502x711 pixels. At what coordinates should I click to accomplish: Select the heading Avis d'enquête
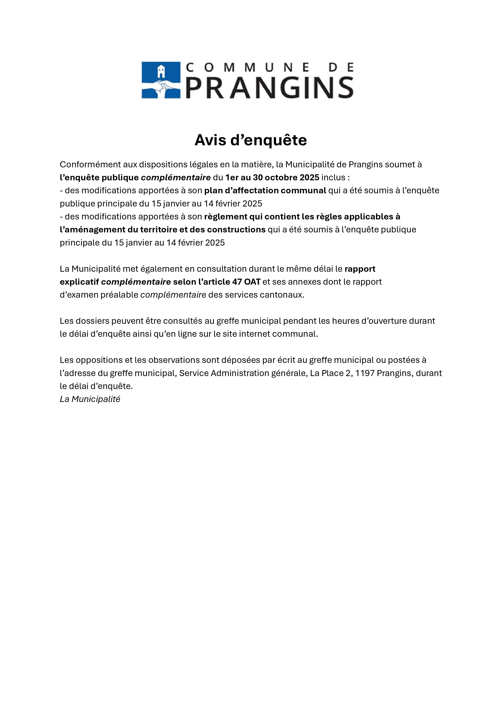point(250,140)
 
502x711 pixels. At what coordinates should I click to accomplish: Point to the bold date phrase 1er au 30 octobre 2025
point(272,177)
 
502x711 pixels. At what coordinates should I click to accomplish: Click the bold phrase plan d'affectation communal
point(265,190)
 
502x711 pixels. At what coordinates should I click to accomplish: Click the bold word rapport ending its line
point(360,269)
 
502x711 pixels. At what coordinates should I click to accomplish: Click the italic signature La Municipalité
point(90,399)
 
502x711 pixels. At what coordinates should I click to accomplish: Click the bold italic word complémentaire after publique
point(176,178)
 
